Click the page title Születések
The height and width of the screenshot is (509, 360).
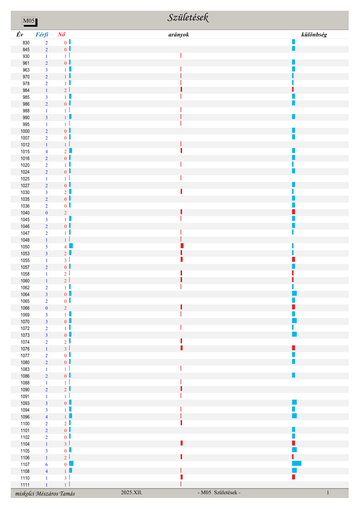pos(188,18)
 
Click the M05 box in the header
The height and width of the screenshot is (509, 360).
pos(29,21)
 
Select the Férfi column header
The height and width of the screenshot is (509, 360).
pos(42,35)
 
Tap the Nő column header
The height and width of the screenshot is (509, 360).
pos(61,35)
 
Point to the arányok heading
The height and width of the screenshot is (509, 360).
pos(179,35)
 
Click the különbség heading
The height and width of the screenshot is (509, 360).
pos(314,35)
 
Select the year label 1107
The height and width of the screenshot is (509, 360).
pos(25,465)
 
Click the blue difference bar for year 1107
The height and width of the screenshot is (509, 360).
pos(296,463)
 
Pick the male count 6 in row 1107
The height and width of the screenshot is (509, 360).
pos(46,465)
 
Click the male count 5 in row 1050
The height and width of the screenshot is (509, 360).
pos(46,247)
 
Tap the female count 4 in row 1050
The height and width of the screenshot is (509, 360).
pos(65,247)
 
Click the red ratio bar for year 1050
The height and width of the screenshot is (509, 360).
pos(182,246)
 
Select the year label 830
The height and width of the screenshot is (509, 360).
pos(26,43)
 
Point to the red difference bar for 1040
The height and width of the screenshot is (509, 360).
pos(294,212)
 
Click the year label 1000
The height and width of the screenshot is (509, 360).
pos(25,131)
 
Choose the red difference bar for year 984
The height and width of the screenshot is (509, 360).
pos(293,89)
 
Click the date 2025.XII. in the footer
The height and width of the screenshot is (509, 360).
pos(132,492)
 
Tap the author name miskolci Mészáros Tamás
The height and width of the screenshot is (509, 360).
pos(45,494)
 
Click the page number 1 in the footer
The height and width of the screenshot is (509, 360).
pos(328,492)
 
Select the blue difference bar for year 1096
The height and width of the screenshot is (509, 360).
pos(294,416)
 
